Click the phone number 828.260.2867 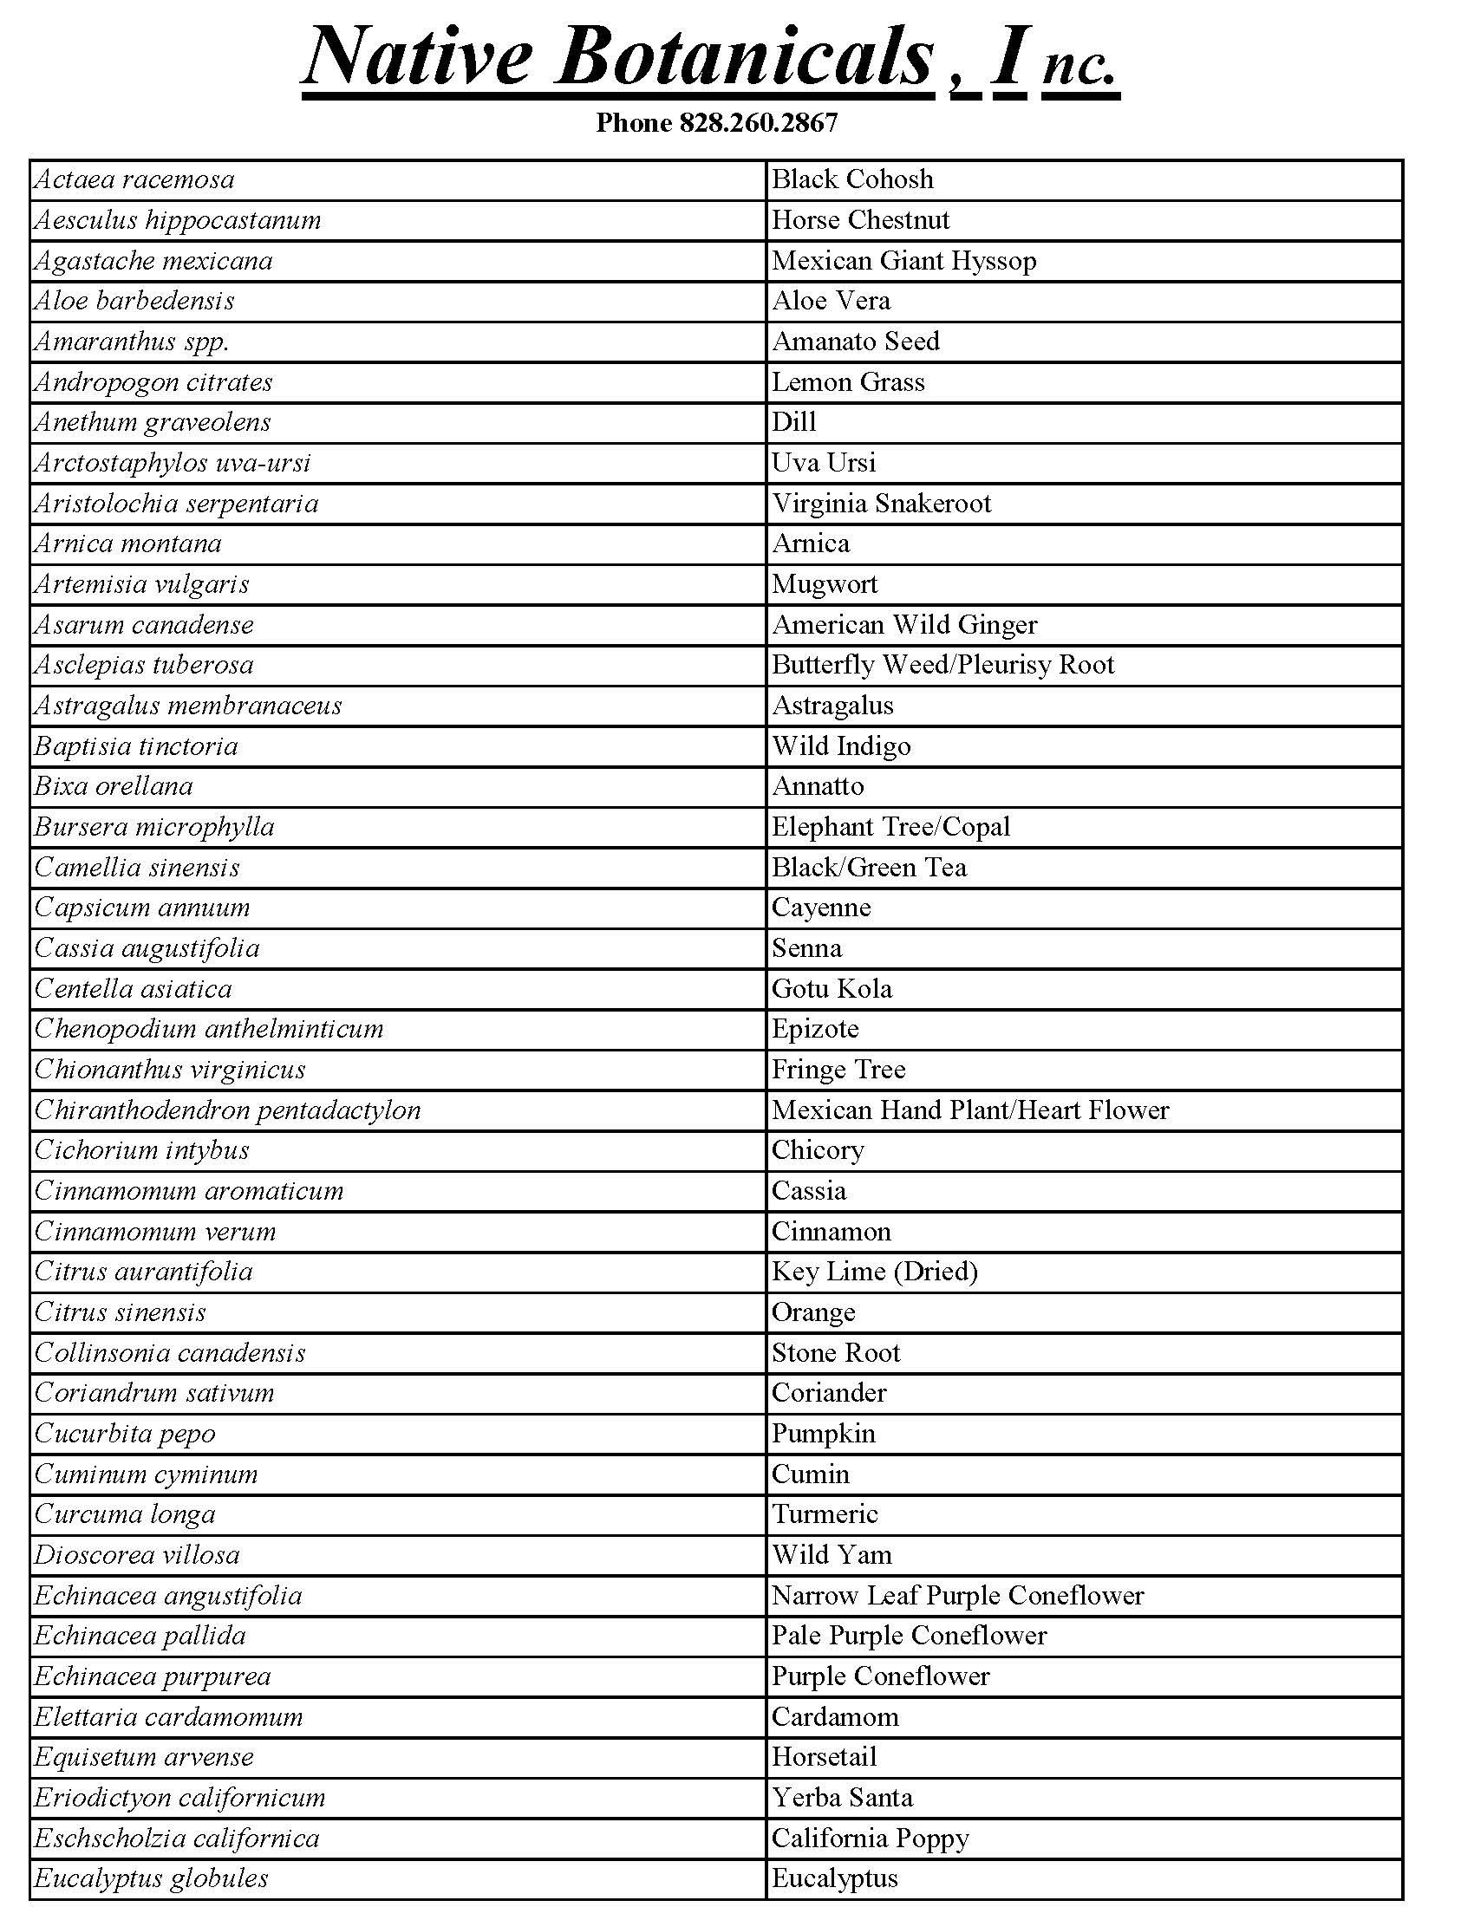pyautogui.click(x=758, y=123)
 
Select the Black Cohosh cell pyautogui.click(x=852, y=180)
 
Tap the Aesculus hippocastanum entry pyautogui.click(x=178, y=220)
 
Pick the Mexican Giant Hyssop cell pyautogui.click(x=903, y=261)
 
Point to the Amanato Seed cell pyautogui.click(x=855, y=342)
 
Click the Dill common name pyautogui.click(x=793, y=423)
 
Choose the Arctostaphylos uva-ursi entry pyautogui.click(x=173, y=463)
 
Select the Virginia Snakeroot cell pyautogui.click(x=881, y=504)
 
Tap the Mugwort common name pyautogui.click(x=825, y=584)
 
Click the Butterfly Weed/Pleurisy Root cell pyautogui.click(x=942, y=666)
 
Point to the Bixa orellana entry pyautogui.click(x=114, y=787)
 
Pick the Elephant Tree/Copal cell pyautogui.click(x=890, y=827)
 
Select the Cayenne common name pyautogui.click(x=821, y=908)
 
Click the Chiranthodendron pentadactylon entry pyautogui.click(x=228, y=1110)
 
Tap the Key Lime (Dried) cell pyautogui.click(x=874, y=1272)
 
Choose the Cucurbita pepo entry pyautogui.click(x=125, y=1434)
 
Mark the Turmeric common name pyautogui.click(x=825, y=1515)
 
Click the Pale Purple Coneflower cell pyautogui.click(x=908, y=1637)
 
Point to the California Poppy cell pyautogui.click(x=870, y=1839)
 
